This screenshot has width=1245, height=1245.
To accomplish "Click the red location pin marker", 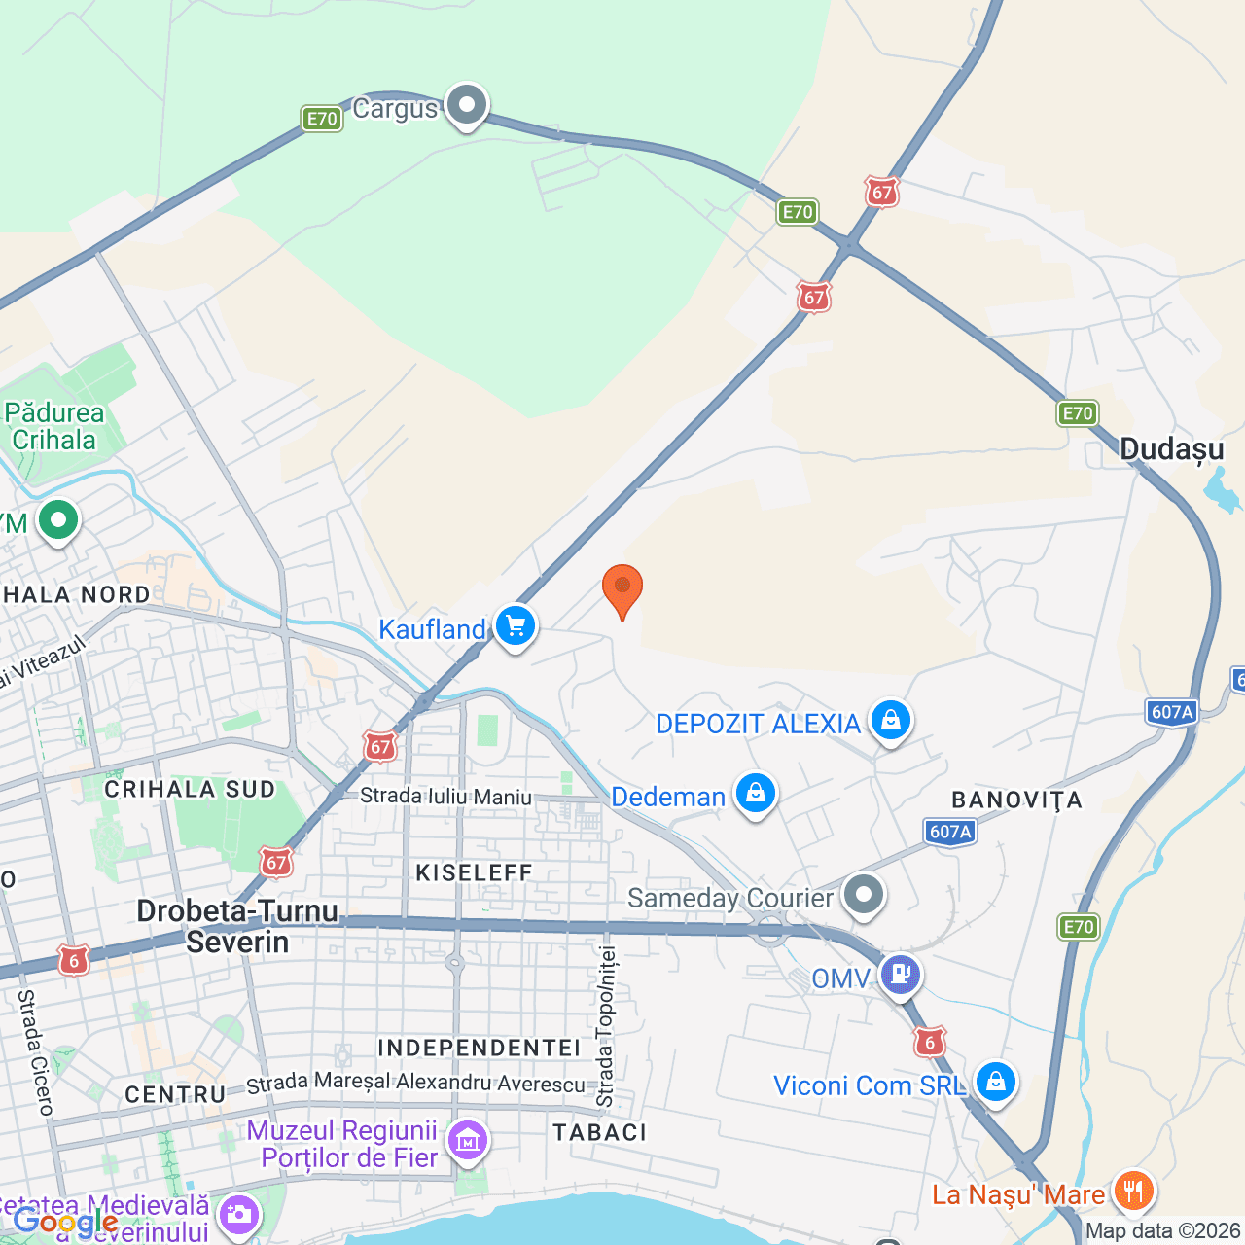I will [x=622, y=588].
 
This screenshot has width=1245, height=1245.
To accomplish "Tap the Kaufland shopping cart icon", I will [x=516, y=625].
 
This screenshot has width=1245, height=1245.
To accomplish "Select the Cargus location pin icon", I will [x=467, y=104].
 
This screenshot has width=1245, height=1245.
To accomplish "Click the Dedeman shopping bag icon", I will [x=755, y=794].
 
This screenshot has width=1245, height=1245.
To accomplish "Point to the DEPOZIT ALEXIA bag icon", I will [x=890, y=721].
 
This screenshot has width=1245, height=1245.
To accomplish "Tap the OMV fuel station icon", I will [x=900, y=974].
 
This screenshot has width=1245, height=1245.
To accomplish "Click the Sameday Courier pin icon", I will [x=863, y=894].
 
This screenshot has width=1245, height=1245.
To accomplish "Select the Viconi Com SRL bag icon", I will [x=995, y=1082].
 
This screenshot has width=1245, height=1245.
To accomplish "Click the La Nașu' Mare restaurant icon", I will [x=1133, y=1191].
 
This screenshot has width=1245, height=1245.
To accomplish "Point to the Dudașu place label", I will [x=1171, y=448].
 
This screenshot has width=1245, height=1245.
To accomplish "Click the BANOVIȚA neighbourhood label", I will [x=1016, y=800].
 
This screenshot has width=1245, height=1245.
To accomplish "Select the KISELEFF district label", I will [x=474, y=872].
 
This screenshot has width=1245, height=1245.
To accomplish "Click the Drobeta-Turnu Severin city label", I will [x=237, y=926].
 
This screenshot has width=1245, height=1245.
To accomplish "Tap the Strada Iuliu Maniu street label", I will [x=445, y=797].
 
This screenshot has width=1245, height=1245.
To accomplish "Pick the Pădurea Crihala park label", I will [x=53, y=426].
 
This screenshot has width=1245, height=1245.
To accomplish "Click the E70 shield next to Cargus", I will [x=322, y=119].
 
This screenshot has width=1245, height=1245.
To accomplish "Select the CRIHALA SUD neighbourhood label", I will [x=190, y=789].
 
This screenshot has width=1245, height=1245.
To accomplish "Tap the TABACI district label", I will [x=599, y=1132].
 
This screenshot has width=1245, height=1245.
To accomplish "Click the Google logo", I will [x=64, y=1222].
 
